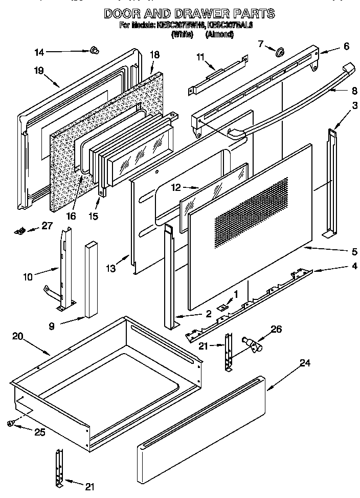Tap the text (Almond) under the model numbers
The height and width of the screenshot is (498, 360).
pyautogui.click(x=220, y=34)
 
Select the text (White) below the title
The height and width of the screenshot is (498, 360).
pyautogui.click(x=182, y=34)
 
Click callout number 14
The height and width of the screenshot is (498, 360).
pyautogui.click(x=40, y=52)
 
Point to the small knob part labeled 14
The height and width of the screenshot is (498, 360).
pyautogui.click(x=94, y=50)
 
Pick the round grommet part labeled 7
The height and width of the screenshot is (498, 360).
pyautogui.click(x=279, y=52)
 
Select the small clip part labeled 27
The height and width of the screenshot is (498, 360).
pyautogui.click(x=20, y=231)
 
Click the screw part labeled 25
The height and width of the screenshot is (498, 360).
pyautogui.click(x=10, y=422)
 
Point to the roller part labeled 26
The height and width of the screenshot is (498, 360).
pyautogui.click(x=253, y=348)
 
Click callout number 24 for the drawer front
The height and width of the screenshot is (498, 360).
pyautogui.click(x=305, y=363)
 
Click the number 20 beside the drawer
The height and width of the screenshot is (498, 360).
pyautogui.click(x=17, y=336)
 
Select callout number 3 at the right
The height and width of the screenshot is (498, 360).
pyautogui.click(x=340, y=106)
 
